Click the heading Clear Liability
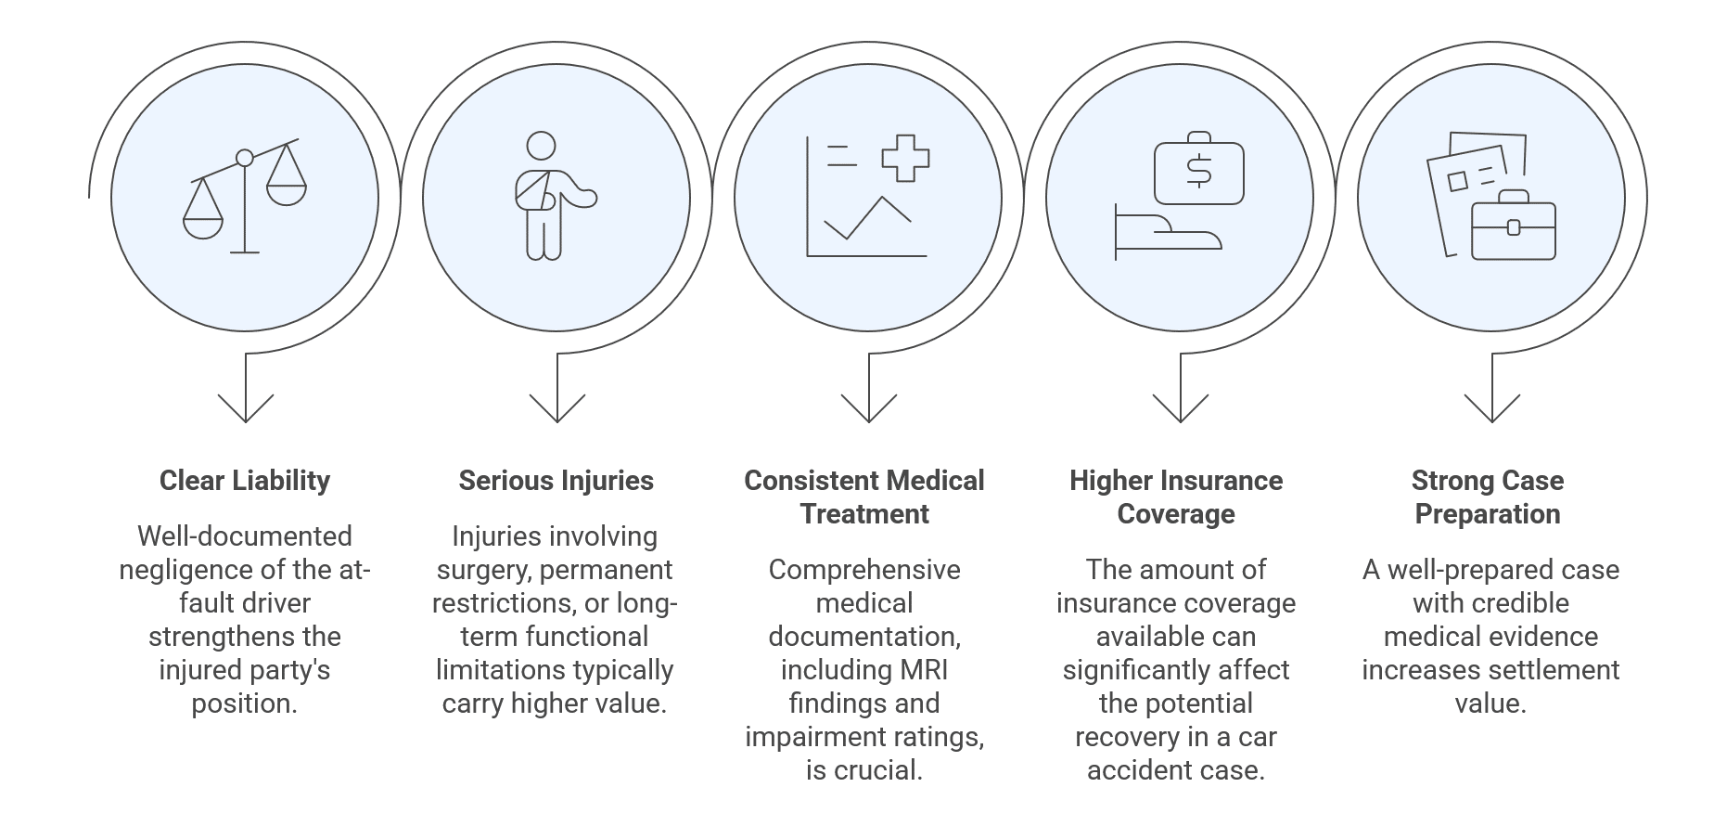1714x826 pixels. (x=244, y=481)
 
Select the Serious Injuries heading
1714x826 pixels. (x=556, y=481)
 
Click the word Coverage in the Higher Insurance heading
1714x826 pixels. (x=1175, y=514)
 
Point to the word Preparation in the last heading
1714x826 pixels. (x=1487, y=514)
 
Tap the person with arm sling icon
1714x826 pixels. (x=547, y=198)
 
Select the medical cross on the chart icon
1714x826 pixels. (x=905, y=158)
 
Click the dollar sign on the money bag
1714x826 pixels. (x=1198, y=171)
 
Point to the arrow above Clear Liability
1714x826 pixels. (x=245, y=399)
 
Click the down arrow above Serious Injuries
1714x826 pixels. (x=556, y=399)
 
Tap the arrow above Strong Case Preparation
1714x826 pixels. (x=1491, y=399)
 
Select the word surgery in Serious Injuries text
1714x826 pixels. (x=480, y=570)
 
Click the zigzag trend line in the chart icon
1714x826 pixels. (x=868, y=219)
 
